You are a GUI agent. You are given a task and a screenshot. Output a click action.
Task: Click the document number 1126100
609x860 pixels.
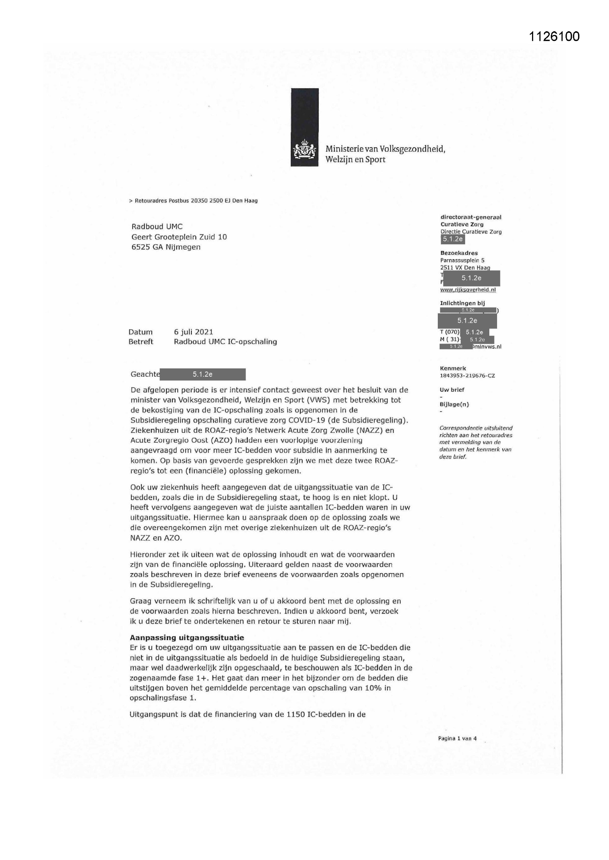coord(554,37)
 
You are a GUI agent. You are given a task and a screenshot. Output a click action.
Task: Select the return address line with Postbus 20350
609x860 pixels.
coord(193,201)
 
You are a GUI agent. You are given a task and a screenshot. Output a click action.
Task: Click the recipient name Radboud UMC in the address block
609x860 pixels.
coord(157,227)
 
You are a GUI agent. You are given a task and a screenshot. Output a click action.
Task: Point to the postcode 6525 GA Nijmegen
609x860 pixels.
coord(166,247)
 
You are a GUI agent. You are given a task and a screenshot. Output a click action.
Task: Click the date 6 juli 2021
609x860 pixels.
coord(193,332)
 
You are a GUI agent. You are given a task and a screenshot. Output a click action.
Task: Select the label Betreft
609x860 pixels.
coord(141,342)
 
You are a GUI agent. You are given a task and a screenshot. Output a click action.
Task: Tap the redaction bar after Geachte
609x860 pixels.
coord(203,374)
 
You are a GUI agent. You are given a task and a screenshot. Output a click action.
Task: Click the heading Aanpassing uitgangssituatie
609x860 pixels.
coord(187,637)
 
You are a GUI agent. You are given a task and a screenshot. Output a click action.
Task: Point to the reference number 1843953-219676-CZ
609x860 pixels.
coord(467,376)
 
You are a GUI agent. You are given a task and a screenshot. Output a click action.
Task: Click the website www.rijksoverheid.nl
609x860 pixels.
coord(468,289)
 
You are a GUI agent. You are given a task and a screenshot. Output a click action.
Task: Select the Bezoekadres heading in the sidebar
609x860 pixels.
coord(459,253)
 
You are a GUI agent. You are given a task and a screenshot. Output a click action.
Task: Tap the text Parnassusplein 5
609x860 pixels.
coord(462,260)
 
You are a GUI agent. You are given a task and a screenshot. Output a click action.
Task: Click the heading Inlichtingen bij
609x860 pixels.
coord(462,303)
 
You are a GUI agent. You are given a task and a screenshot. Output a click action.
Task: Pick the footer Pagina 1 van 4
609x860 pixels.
coord(457,739)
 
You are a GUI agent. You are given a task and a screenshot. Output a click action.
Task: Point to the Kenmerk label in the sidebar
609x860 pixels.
coord(453,369)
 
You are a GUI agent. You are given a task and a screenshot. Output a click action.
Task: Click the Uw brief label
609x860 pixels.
coord(452,390)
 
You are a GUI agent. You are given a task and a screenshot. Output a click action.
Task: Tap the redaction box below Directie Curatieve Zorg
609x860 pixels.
coord(453,239)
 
